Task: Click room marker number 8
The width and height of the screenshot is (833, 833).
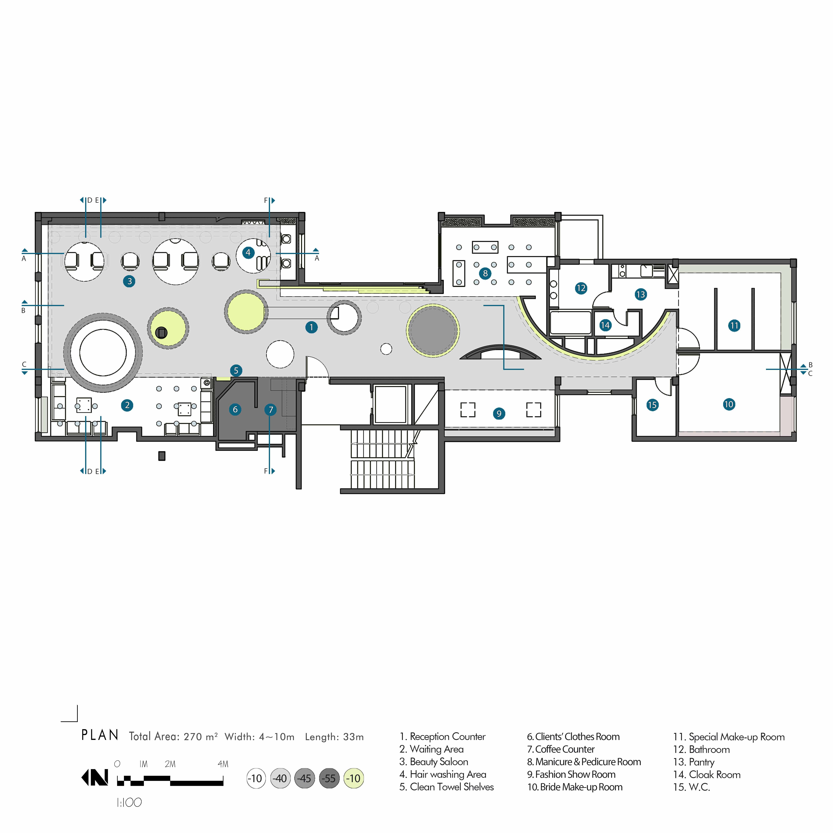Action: click(x=485, y=273)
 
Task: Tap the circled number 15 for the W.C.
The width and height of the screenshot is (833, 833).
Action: click(x=652, y=405)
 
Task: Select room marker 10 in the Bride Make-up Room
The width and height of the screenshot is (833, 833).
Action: click(x=729, y=404)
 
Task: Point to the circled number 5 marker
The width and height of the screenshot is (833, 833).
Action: click(x=236, y=370)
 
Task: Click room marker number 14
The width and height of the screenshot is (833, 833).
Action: click(x=605, y=325)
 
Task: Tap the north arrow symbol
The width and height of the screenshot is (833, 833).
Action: click(x=95, y=778)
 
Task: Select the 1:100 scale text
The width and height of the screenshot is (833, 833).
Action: click(x=129, y=802)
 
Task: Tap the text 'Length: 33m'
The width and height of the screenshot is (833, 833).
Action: click(x=334, y=737)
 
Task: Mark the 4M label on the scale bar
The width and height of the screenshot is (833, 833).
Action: click(x=223, y=764)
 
